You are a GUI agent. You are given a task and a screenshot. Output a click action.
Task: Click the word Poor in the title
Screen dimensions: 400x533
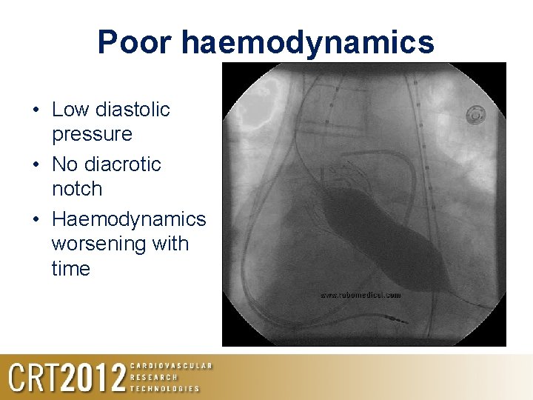point(134,43)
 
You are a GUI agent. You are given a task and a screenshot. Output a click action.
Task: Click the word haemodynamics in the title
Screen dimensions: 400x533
point(308,43)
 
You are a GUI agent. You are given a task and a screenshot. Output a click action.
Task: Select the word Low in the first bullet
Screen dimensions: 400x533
point(70,110)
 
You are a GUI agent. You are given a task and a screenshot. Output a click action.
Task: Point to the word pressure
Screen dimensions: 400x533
point(92,134)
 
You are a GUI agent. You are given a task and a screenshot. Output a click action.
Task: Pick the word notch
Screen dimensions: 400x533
point(76,188)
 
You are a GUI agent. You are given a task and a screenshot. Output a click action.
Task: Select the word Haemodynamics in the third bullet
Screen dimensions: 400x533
point(128,219)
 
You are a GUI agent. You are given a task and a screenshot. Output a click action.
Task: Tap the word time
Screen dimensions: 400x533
point(70,268)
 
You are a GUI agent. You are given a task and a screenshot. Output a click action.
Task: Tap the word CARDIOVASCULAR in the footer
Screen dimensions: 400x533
point(171,366)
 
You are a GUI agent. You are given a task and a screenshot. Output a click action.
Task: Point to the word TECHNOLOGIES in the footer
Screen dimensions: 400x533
point(164,388)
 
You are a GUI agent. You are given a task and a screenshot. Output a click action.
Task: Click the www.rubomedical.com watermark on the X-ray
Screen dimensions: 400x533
point(361,295)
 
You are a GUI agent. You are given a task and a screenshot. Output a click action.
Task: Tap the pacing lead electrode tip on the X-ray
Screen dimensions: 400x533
point(398,321)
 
